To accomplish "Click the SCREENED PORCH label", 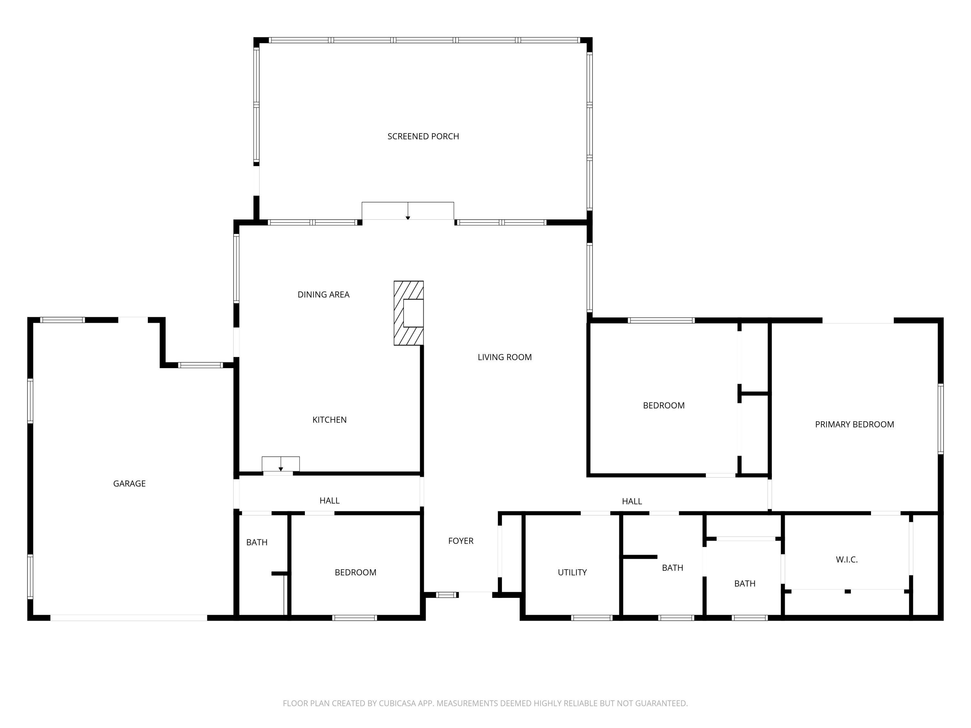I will click(423, 137).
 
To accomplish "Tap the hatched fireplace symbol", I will click(408, 313).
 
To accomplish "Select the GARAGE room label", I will click(129, 484).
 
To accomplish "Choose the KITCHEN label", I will click(329, 420).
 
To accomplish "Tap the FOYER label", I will click(461, 541).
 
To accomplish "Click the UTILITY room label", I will click(572, 572).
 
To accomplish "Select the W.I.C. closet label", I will click(846, 559).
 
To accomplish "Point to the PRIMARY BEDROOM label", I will click(854, 424).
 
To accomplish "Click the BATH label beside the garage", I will click(257, 542).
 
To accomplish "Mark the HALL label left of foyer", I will click(329, 501).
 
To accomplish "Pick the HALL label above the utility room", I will click(632, 502).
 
